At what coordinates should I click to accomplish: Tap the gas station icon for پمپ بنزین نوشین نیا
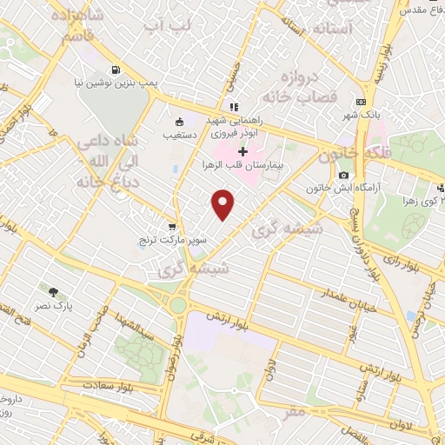pos(115,70)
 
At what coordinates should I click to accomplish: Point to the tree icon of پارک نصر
pos(55,292)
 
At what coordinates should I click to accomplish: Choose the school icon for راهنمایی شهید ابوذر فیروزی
pos(234,107)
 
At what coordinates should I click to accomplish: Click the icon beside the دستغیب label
pos(179,123)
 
